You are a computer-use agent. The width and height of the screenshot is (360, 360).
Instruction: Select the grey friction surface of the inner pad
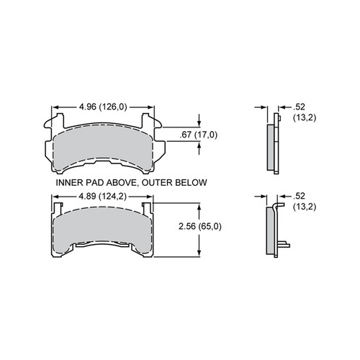(x=104, y=148)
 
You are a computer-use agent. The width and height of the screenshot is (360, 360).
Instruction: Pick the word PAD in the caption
(x=94, y=183)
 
